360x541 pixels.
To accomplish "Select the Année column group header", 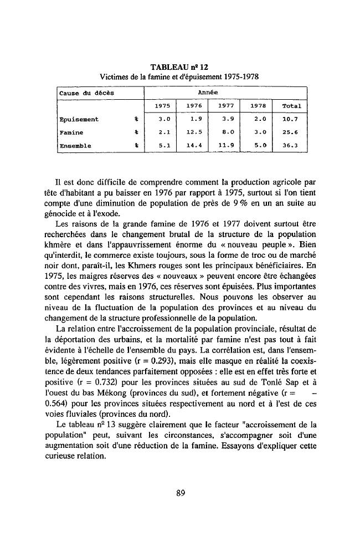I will coord(225,92).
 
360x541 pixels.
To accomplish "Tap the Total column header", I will coord(291,106).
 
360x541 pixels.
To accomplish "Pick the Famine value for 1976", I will coord(192,132).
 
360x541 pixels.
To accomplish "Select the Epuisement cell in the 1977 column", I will coord(224,119).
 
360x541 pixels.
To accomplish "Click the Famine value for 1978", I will coord(258,132).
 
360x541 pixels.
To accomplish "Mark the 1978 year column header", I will coord(258,106).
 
